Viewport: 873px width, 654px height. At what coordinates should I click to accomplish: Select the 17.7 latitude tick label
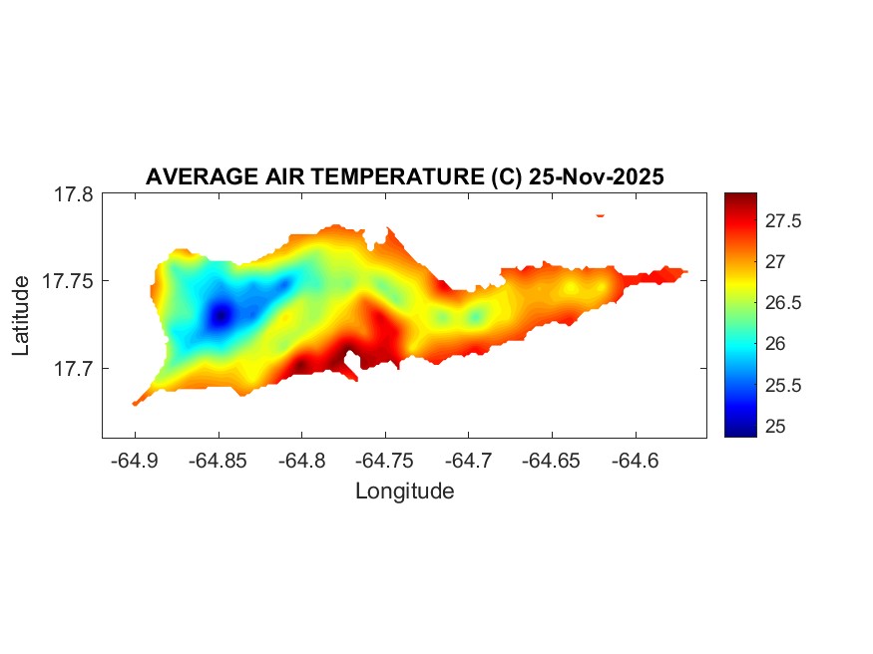pos(73,368)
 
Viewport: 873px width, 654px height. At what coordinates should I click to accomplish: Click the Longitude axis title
pos(404,491)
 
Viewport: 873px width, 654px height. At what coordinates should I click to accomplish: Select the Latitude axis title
pos(22,316)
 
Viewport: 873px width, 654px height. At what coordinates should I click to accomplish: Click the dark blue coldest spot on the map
pos(220,315)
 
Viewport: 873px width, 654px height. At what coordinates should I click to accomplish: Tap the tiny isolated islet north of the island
pos(601,214)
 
